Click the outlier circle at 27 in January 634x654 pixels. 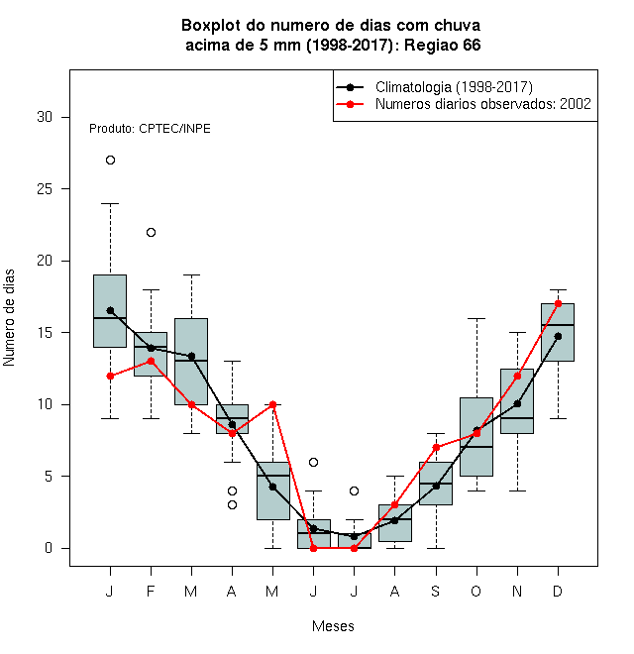tap(110, 161)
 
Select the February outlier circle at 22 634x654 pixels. tap(151, 232)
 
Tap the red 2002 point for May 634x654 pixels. tap(272, 404)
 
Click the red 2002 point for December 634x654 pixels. tap(558, 303)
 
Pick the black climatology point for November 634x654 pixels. tap(517, 403)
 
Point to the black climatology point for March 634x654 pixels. tap(191, 356)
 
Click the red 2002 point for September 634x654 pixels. tap(436, 448)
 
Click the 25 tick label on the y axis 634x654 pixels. tap(45, 189)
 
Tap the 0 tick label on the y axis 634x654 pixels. tap(49, 548)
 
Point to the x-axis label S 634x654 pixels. tap(436, 591)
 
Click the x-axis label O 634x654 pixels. tap(476, 591)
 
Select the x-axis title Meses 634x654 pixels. tap(333, 626)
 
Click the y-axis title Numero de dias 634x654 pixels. tap(9, 318)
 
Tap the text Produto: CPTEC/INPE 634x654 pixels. tap(150, 129)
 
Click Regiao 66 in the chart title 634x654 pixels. tap(443, 45)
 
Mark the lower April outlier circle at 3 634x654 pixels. tap(233, 505)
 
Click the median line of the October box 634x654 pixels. tap(476, 447)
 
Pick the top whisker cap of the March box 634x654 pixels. tap(191, 275)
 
